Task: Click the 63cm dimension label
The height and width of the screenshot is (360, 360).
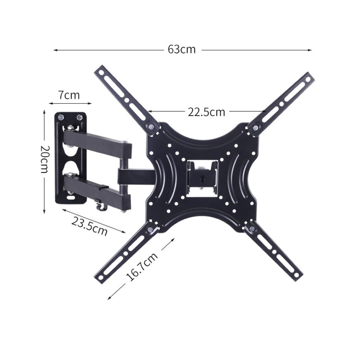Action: tap(181, 49)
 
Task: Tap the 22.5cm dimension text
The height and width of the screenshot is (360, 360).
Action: tap(206, 112)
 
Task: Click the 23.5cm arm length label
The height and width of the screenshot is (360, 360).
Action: tap(89, 226)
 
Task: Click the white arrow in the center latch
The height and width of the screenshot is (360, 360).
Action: tap(202, 179)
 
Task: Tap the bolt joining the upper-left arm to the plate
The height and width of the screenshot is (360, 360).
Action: tap(151, 126)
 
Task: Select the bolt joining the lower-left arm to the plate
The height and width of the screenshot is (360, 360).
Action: tap(150, 229)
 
